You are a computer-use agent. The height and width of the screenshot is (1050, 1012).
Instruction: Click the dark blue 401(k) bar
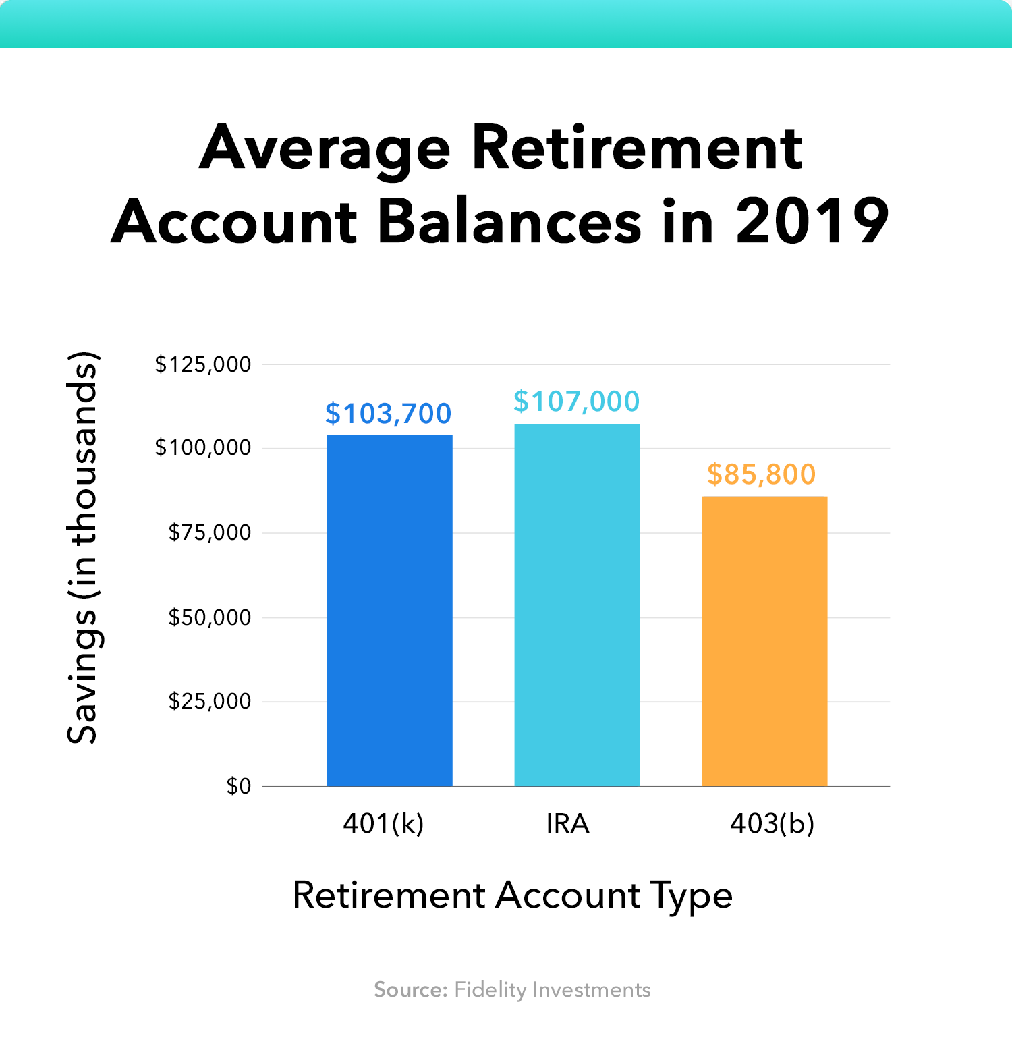[389, 610]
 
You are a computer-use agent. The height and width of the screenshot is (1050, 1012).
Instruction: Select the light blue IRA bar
[577, 605]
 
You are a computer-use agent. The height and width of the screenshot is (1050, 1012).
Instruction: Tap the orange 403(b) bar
[764, 641]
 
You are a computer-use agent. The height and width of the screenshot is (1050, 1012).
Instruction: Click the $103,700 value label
[388, 414]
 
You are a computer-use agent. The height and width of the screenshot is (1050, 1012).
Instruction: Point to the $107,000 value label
[576, 402]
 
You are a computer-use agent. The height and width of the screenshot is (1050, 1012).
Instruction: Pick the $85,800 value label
[761, 474]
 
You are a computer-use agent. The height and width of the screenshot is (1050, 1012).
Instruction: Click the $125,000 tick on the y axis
[203, 365]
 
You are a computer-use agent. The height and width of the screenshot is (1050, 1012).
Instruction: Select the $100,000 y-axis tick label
[203, 448]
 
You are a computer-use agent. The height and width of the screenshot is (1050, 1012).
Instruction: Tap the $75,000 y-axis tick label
[210, 533]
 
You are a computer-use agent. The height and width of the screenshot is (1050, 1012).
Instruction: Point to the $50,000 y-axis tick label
[210, 617]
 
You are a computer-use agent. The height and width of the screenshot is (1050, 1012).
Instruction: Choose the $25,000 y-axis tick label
[210, 702]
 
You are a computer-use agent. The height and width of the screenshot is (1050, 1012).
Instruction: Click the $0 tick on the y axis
[239, 786]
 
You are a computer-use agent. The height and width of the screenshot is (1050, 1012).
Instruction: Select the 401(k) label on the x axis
[383, 824]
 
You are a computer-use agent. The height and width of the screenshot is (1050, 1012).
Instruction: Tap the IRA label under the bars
[567, 824]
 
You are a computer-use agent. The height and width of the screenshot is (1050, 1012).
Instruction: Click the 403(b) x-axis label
[772, 824]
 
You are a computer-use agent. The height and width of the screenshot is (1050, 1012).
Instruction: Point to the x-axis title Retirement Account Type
[512, 896]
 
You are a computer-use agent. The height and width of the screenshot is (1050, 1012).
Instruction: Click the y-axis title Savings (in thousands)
[83, 548]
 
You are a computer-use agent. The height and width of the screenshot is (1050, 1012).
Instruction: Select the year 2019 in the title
[812, 221]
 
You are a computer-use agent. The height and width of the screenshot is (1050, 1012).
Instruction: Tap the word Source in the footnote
[410, 990]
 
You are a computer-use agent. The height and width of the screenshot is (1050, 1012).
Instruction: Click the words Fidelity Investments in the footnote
[553, 990]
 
